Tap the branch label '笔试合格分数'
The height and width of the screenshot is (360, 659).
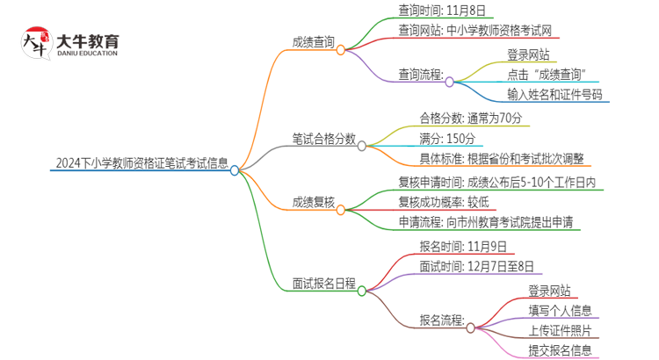323,138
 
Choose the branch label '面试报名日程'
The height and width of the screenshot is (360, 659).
323,284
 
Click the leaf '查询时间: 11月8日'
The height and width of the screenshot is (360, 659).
441,11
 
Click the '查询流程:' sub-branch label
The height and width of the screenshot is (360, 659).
421,74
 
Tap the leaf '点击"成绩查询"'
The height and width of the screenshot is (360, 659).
548,74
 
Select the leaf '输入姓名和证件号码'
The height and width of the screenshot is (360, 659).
554,95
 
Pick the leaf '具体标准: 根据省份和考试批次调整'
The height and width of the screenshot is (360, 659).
496,159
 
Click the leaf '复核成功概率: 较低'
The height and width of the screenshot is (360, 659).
450,201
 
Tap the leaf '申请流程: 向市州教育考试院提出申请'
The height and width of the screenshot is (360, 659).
486,222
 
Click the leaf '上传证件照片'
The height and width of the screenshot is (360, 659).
560,331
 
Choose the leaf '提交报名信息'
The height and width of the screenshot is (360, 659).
560,351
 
